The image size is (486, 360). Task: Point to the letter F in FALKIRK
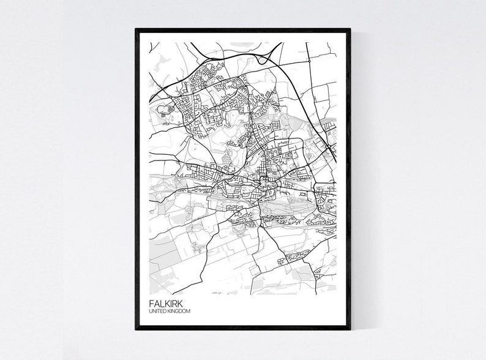(x=151, y=303)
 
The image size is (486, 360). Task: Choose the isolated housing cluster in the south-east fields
(x=285, y=260)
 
